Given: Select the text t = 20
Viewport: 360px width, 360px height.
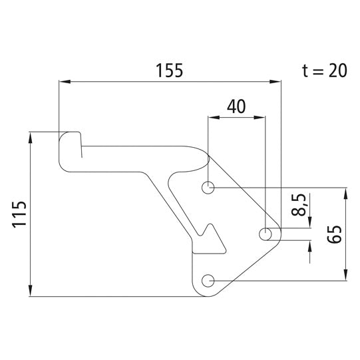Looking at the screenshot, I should click(324, 71).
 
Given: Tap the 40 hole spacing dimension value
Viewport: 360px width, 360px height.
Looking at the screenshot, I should click(236, 106).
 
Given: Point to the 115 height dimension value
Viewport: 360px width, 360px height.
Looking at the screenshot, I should click(19, 214).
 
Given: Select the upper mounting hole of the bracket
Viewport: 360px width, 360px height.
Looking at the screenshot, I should click(208, 188).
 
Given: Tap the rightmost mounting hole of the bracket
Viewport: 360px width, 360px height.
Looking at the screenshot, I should click(265, 234).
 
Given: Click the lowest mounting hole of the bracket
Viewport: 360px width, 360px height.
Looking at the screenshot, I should click(208, 280).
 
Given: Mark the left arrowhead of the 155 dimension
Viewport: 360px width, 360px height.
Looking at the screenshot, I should click(64, 82).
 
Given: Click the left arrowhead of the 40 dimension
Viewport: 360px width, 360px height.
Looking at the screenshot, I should click(213, 117).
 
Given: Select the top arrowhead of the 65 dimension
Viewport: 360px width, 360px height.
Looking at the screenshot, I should click(345, 193).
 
